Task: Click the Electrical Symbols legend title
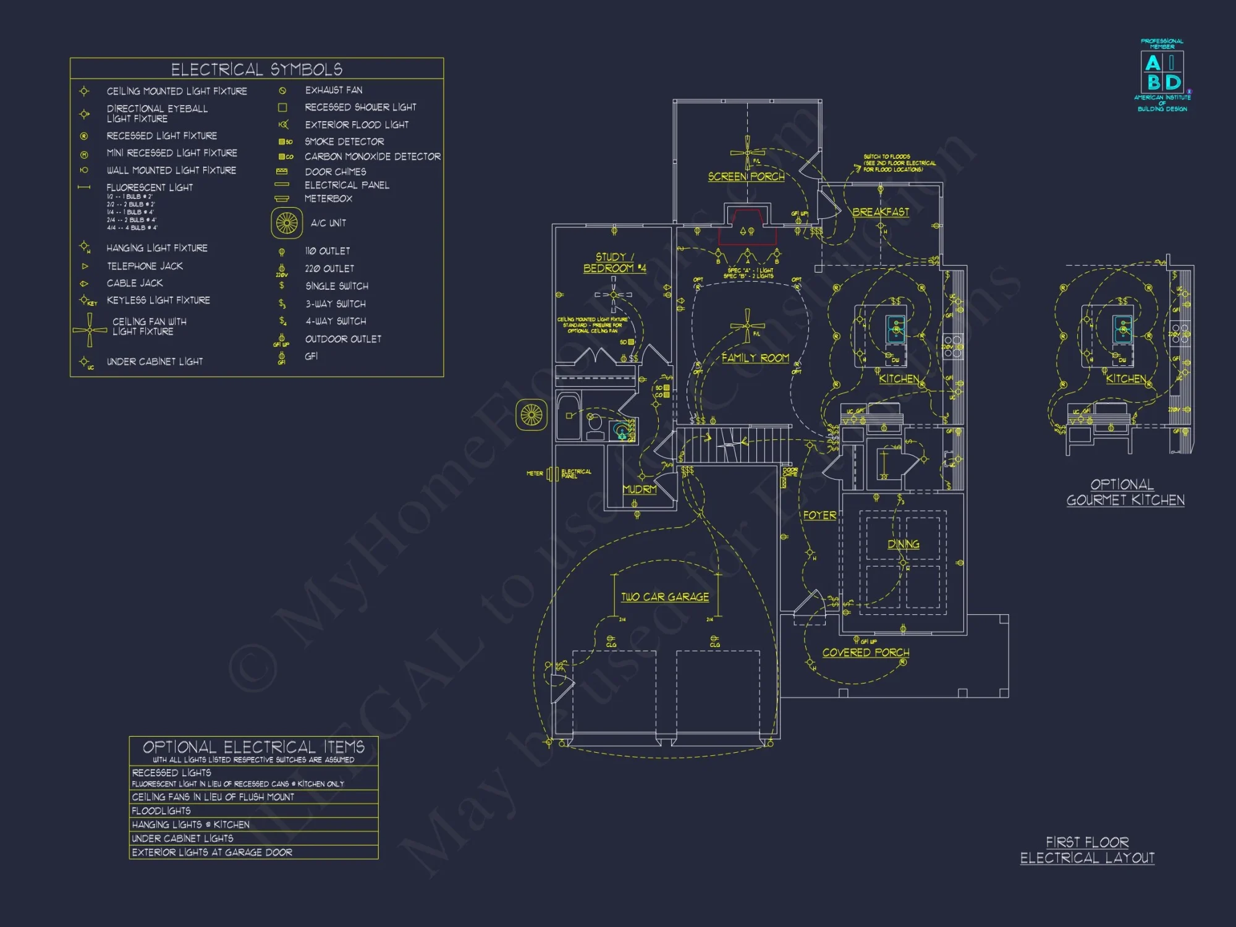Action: point(256,69)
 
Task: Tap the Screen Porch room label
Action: point(746,177)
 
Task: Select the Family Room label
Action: point(755,358)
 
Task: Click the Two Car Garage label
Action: point(665,597)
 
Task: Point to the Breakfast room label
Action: point(881,212)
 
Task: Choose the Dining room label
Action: point(903,544)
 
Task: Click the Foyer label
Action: point(819,515)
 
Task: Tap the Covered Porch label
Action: point(865,653)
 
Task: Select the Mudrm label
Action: point(640,489)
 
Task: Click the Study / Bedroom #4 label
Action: point(614,263)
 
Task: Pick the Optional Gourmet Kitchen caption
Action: point(1125,493)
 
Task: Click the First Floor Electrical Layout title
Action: point(1087,850)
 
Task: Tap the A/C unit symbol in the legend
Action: point(287,223)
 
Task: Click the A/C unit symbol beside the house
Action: point(531,415)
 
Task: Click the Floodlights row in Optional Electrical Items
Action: point(253,811)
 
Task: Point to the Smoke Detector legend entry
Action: point(344,142)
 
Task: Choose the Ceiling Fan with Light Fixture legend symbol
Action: point(90,329)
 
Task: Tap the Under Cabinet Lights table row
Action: point(253,839)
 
